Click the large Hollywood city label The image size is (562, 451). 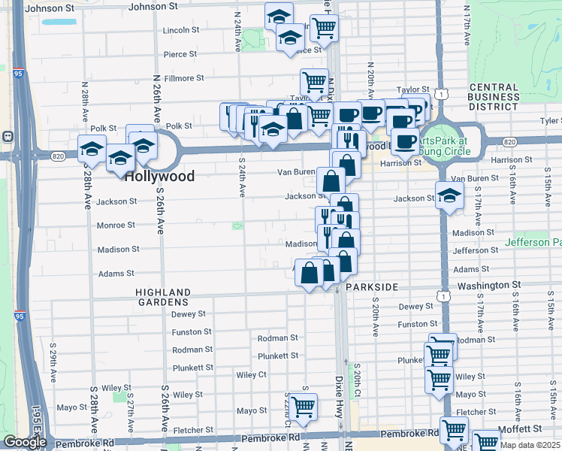coord(159,177)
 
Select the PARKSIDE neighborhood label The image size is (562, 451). coord(370,287)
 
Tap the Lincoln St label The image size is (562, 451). coord(180,31)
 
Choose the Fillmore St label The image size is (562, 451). coord(184,78)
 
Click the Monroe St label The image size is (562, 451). coord(116,225)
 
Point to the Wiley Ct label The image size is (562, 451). coord(252,374)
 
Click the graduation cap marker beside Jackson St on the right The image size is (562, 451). coord(449,196)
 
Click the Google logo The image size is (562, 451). coord(25,442)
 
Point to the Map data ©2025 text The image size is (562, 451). coord(530,445)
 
